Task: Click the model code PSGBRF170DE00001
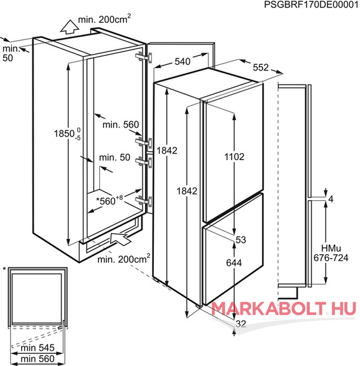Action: [311, 4]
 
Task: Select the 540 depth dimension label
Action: [183, 62]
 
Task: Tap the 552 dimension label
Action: [261, 67]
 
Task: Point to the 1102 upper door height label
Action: [234, 156]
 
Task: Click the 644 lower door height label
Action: [234, 263]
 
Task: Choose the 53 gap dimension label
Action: [241, 240]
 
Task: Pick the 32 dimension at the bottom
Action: [241, 324]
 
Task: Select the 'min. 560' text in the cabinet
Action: [121, 125]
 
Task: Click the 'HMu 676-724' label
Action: [331, 253]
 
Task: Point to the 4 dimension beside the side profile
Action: [331, 199]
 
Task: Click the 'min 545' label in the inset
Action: [38, 348]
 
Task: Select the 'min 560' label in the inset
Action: [38, 358]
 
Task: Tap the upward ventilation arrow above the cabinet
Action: [69, 27]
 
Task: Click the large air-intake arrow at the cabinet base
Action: [121, 238]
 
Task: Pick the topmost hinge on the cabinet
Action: [144, 57]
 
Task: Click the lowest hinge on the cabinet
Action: [144, 201]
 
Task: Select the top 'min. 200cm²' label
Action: [104, 19]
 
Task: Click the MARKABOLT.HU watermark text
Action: [284, 309]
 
